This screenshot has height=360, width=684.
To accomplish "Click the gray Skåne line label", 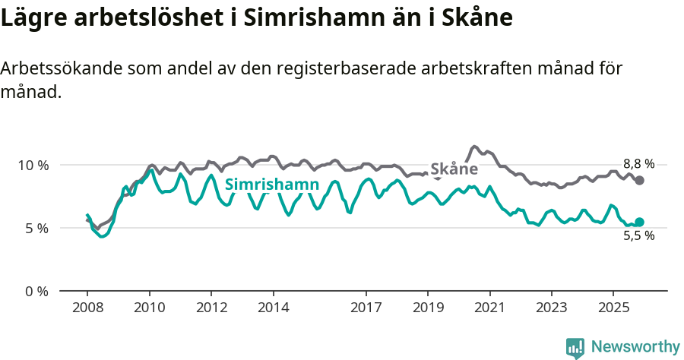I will point(454,169).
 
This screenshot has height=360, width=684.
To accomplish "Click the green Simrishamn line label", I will point(271,185).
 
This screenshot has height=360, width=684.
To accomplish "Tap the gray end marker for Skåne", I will point(640,180).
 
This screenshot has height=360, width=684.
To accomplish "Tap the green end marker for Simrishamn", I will point(639,222).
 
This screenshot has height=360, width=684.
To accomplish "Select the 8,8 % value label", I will point(638,163).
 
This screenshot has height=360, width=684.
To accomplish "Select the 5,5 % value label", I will point(638,235).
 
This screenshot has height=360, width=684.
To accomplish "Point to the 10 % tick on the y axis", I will point(33,165).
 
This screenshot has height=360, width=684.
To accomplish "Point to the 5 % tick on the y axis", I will point(36,228).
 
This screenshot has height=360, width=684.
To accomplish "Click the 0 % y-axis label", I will point(36,291).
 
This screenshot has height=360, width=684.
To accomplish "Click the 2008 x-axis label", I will point(87,308).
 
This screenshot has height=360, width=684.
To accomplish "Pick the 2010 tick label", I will point(150,308).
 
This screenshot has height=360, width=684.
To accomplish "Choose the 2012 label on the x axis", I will point(211,308).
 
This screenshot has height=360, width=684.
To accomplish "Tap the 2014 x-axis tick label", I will point(274,308).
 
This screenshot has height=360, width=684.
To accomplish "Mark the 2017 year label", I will point(366,308).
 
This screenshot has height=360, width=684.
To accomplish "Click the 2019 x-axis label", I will point(428,308).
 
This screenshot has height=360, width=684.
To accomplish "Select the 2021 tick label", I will point(490,308).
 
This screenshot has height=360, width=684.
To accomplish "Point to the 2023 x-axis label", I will point(552,308).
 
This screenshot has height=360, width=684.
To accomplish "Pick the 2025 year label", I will point(613,308).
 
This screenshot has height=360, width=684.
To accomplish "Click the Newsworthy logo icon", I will point(575,348).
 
